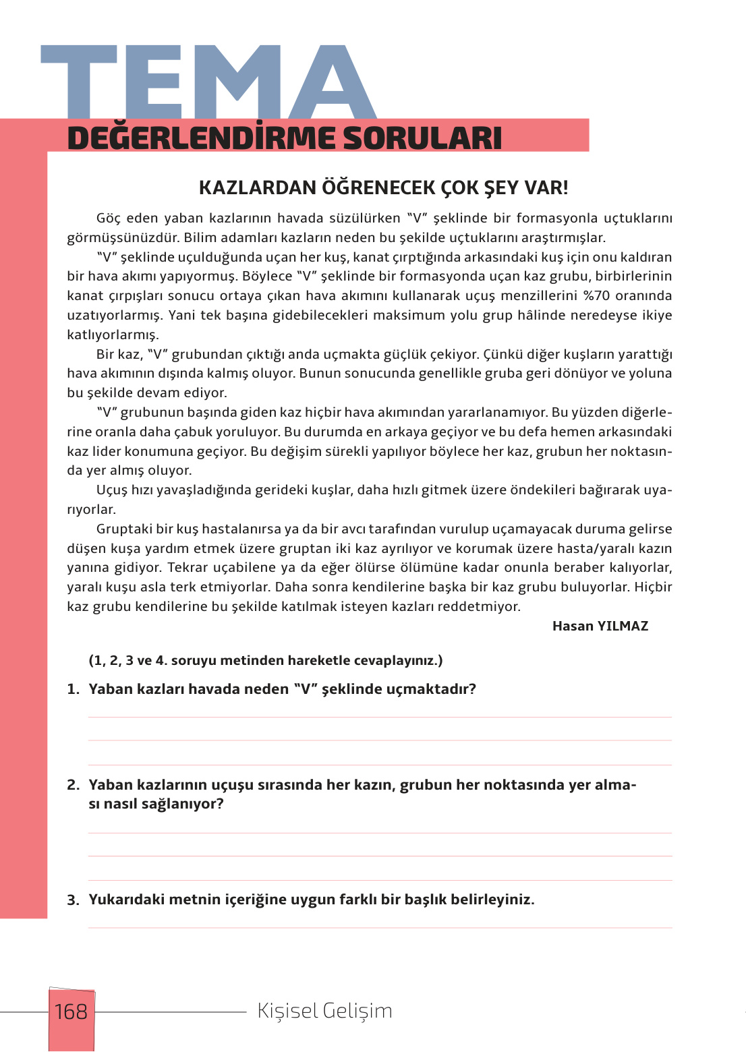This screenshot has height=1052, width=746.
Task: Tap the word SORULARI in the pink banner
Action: (x=422, y=138)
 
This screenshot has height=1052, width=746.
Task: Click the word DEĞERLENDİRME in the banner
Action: (x=201, y=138)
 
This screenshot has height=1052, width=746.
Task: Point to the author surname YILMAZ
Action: (x=622, y=626)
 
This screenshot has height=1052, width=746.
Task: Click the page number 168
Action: (x=71, y=1012)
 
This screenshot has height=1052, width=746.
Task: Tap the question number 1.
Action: (x=73, y=689)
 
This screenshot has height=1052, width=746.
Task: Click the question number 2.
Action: (x=73, y=785)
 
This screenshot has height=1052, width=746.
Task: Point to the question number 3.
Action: (x=73, y=900)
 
